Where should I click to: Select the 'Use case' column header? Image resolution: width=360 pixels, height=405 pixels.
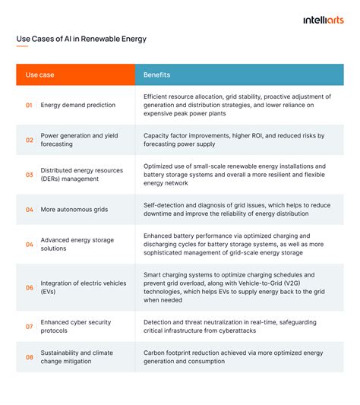click(x=39, y=75)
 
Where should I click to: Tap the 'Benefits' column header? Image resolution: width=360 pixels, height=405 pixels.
click(x=156, y=75)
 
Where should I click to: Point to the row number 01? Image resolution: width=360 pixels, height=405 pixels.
click(x=30, y=106)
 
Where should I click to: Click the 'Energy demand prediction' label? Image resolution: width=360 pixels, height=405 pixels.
click(x=78, y=106)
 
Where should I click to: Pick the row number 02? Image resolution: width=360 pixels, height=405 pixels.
click(x=30, y=140)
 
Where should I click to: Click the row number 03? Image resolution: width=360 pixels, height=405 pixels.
click(x=30, y=175)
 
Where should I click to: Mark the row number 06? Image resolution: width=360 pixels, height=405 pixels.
click(x=30, y=287)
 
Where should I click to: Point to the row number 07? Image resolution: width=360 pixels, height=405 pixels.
click(x=30, y=326)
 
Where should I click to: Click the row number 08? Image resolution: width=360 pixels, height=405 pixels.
click(x=30, y=357)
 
